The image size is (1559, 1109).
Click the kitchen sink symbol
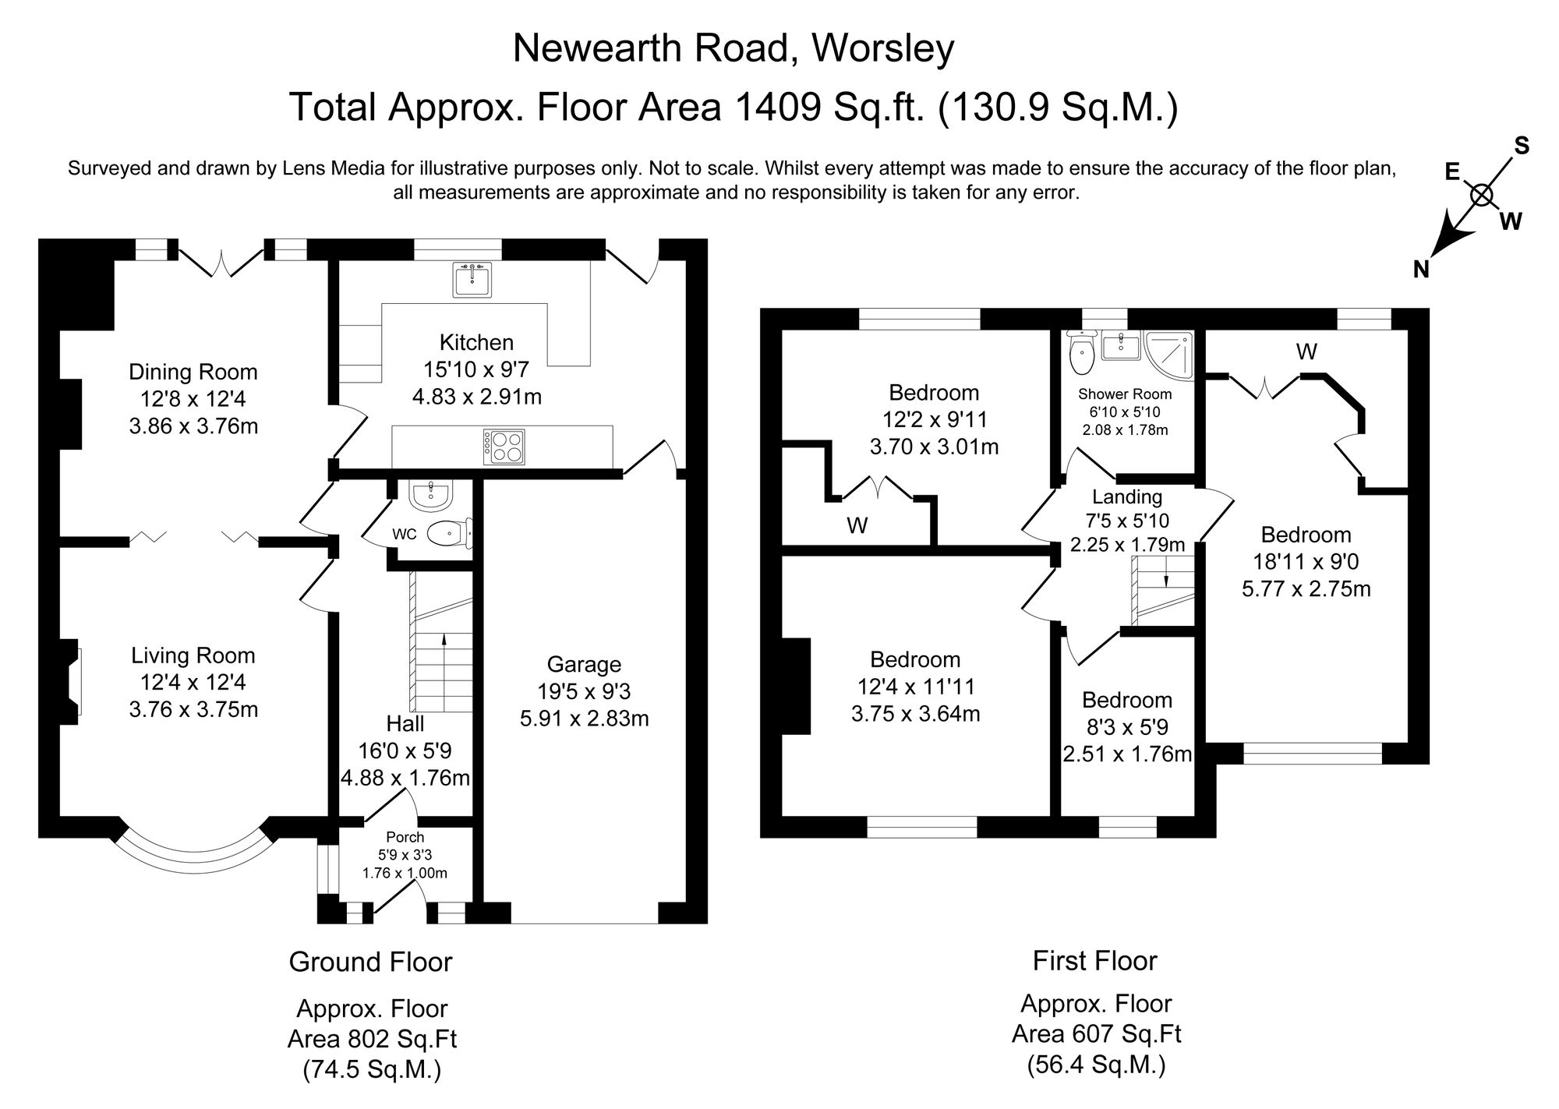472,280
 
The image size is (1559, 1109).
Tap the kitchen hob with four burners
504,447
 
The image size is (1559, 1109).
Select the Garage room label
584,665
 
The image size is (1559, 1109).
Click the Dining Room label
193,373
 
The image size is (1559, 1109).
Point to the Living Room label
193,656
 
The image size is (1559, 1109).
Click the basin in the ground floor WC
430,495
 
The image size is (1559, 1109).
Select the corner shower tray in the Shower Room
1170,353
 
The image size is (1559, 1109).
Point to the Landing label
1126,497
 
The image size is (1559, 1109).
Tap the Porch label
405,838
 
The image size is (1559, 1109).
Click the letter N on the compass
1421,270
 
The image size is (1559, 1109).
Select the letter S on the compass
1522,146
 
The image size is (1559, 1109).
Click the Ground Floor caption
370,962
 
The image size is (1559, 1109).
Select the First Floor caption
1094,961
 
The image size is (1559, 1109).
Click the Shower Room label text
1125,394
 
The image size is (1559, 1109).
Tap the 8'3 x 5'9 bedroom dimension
1127,728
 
